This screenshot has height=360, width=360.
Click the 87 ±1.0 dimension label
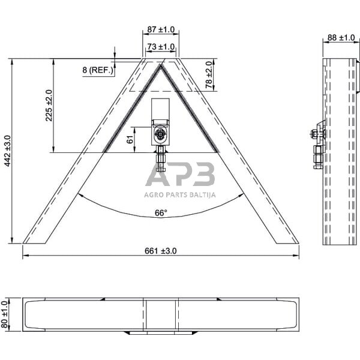coord(160,29)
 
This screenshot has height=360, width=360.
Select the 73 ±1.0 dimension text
coord(160,46)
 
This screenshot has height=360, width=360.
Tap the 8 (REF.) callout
coord(98,71)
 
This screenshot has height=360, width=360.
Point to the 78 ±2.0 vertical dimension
coord(209,74)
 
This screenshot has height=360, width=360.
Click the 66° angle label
coord(161,213)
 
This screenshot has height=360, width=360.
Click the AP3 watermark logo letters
coord(180,176)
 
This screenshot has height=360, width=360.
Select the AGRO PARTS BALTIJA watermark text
coord(180,194)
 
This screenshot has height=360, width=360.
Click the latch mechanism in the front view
coord(161,132)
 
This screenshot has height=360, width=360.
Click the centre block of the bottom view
coord(160,314)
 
